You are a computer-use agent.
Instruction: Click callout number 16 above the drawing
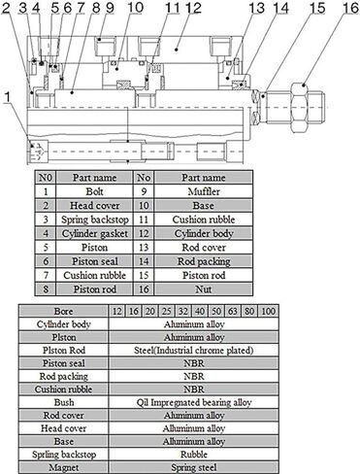tap(350, 8)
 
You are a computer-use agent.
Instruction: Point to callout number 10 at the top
tap(135, 8)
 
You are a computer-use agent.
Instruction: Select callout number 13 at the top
tap(257, 8)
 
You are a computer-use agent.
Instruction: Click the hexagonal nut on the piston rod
tap(303, 107)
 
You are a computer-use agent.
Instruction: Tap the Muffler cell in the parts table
tap(204, 191)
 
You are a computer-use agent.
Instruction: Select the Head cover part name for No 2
tap(94, 206)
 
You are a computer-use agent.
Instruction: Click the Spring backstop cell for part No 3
tap(94, 220)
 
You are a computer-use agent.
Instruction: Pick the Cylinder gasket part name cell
tap(94, 234)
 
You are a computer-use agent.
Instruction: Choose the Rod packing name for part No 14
tap(204, 261)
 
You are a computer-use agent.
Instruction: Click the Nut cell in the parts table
tap(204, 289)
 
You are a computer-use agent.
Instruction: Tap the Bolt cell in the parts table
tap(94, 191)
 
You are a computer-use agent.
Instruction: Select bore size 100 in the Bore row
tap(269, 312)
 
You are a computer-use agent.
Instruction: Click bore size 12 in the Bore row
tap(116, 312)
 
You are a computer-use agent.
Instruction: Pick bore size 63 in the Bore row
tap(233, 312)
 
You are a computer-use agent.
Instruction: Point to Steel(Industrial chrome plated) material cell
tap(194, 351)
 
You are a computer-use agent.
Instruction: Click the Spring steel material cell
tap(194, 467)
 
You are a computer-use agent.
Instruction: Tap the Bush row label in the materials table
tap(64, 402)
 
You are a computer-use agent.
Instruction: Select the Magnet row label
tap(64, 467)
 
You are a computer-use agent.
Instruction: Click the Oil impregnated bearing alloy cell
tap(194, 402)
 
